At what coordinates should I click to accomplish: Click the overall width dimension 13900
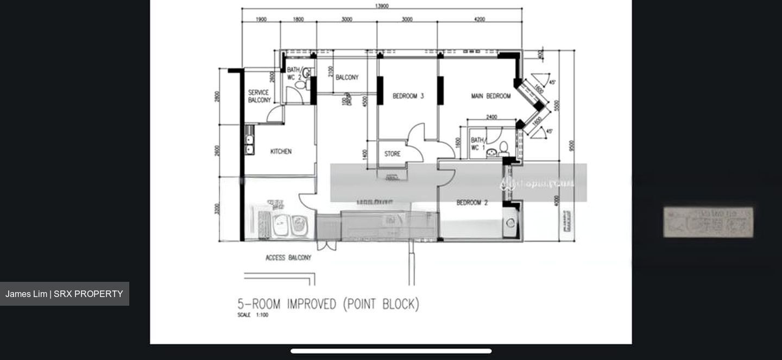tap(382, 6)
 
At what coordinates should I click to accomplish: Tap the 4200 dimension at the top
tap(479, 20)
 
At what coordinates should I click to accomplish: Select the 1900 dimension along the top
tap(261, 20)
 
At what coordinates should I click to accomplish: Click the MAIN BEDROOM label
tap(490, 96)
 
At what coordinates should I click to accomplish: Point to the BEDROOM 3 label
tap(408, 96)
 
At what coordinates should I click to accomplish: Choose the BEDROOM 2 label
tap(471, 203)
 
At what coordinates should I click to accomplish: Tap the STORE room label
tap(392, 154)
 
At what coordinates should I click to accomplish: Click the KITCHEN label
tap(281, 151)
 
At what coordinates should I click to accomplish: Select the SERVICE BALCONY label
tap(259, 96)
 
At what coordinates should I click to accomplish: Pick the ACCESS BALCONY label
tap(288, 257)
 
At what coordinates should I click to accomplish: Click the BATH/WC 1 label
tap(478, 144)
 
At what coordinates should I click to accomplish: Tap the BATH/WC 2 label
tap(294, 74)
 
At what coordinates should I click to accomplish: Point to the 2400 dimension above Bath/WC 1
tap(491, 117)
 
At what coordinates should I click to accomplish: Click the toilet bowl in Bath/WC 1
tap(503, 148)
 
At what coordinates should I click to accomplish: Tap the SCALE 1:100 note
tap(253, 315)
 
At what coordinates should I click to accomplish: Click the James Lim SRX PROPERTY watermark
tap(64, 294)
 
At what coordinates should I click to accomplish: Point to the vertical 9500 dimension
tap(571, 146)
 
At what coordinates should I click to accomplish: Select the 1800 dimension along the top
tap(298, 20)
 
